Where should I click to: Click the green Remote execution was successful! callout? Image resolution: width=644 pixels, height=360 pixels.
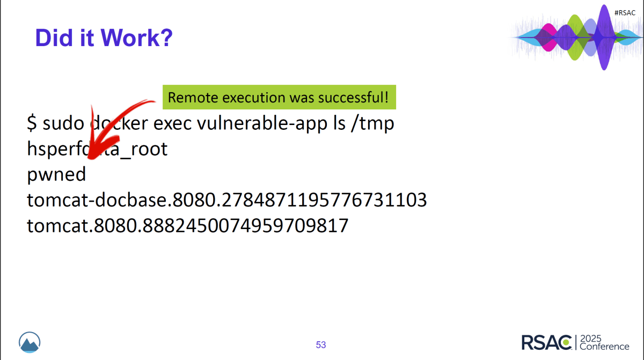(x=279, y=98)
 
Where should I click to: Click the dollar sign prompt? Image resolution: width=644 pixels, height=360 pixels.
(x=32, y=123)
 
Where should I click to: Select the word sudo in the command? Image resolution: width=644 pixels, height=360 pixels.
(x=63, y=123)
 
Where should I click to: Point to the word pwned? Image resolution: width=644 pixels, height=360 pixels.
(x=56, y=174)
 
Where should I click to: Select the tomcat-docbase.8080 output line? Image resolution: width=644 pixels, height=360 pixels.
(x=226, y=200)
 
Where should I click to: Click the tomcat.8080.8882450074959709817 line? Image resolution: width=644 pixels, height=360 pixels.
(x=188, y=225)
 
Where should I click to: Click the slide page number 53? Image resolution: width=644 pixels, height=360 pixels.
(x=321, y=344)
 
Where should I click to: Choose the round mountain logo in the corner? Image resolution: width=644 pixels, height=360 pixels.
(x=30, y=342)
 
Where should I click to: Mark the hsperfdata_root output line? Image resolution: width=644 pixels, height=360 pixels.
(x=97, y=149)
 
